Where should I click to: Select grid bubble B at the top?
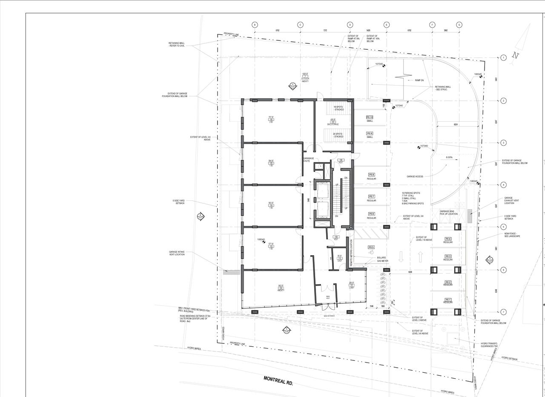click(x=255, y=25)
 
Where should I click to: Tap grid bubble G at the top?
click(x=459, y=25)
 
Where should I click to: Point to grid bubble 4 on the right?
click(x=503, y=185)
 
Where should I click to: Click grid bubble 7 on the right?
click(x=503, y=312)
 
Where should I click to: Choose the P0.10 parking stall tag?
click(x=370, y=117)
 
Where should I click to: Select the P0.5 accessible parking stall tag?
click(x=371, y=247)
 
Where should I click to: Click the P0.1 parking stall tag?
click(x=448, y=300)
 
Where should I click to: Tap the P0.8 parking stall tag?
click(x=371, y=174)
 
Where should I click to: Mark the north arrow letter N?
click(x=516, y=55)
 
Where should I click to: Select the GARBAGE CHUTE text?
click(x=309, y=160)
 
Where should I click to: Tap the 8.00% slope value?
click(x=449, y=157)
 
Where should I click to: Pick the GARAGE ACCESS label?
click(x=415, y=176)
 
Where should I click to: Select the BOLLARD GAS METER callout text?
click(x=381, y=259)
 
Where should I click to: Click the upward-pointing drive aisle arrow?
click(x=420, y=257)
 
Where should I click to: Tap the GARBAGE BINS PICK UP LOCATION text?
click(x=448, y=213)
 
